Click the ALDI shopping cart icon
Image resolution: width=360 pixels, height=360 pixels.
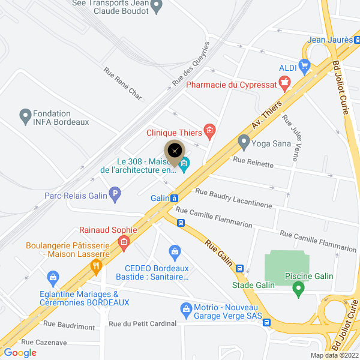(305, 66)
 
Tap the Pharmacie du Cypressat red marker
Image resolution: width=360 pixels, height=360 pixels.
(285, 81)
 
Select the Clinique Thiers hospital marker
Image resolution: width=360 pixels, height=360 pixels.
(209, 129)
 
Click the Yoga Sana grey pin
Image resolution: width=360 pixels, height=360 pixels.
(244, 143)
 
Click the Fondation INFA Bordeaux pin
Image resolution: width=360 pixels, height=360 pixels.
(25, 116)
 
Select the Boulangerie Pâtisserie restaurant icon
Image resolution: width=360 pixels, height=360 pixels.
(95, 268)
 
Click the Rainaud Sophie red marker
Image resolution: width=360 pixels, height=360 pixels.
(124, 242)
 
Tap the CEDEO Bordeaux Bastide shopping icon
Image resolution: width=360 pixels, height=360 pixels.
(175, 251)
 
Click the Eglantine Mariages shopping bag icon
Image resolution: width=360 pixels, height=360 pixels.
(53, 277)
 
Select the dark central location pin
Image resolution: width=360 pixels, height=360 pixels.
(175, 151)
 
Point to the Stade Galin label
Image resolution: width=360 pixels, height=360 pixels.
(253, 285)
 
